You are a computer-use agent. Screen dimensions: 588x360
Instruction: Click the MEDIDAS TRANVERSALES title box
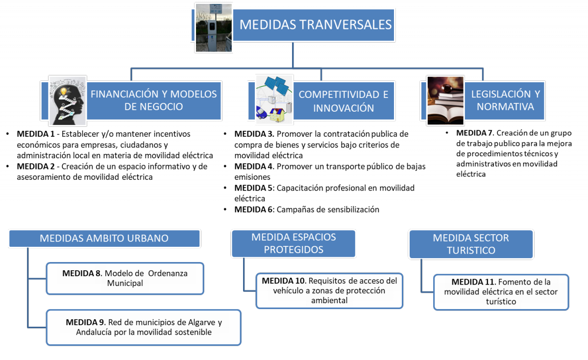pyautogui.click(x=314, y=25)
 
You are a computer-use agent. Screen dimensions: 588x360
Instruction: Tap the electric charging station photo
pyautogui.click(x=214, y=27)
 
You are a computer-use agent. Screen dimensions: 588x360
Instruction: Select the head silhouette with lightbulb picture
pyautogui.click(x=68, y=101)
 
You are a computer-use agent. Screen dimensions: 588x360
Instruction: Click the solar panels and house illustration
pyautogui.click(x=274, y=99)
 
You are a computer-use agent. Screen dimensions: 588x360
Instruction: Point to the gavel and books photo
pyautogui.click(x=445, y=100)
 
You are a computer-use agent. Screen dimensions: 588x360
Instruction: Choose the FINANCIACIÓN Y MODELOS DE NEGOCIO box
pyautogui.click(x=154, y=101)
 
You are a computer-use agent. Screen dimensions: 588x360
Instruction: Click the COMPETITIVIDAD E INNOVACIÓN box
pyautogui.click(x=343, y=101)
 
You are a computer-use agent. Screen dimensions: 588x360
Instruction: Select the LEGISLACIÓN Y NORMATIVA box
pyautogui.click(x=505, y=101)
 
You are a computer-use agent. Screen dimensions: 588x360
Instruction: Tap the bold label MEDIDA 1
pyautogui.click(x=36, y=134)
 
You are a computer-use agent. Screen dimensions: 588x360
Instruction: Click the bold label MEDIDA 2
pyautogui.click(x=36, y=167)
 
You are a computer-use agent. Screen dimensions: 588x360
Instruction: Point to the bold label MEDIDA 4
pyautogui.click(x=254, y=167)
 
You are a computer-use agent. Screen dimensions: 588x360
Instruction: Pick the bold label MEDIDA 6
pyautogui.click(x=254, y=210)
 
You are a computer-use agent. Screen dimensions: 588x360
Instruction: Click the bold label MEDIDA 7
pyautogui.click(x=475, y=133)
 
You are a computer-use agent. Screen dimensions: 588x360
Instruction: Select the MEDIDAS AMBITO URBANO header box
pyautogui.click(x=104, y=238)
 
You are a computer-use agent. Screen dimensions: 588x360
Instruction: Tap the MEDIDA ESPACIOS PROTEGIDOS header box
pyautogui.click(x=294, y=243)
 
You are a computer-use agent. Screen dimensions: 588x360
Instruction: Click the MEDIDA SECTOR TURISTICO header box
pyautogui.click(x=471, y=244)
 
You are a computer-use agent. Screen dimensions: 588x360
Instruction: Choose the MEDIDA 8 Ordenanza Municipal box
pyautogui.click(x=125, y=278)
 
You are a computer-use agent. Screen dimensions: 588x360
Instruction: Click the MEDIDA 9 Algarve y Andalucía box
pyautogui.click(x=144, y=328)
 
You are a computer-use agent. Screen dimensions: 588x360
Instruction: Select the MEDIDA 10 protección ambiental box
pyautogui.click(x=329, y=291)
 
